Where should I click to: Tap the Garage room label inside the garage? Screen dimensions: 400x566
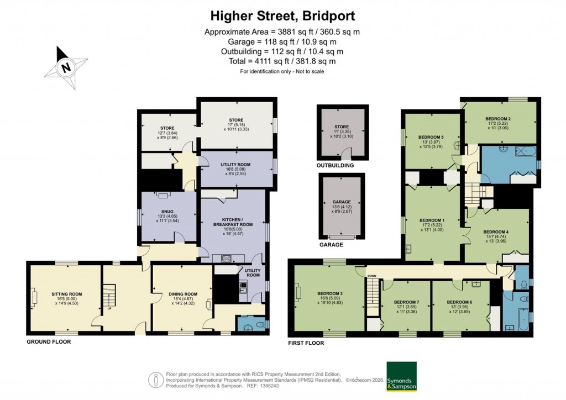tap(342, 202)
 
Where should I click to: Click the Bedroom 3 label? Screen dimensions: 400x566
tap(330, 293)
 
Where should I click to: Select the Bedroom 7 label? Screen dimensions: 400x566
tap(406, 302)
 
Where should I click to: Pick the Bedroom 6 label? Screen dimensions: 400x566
tap(460, 302)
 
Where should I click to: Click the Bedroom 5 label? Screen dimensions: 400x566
tap(431, 137)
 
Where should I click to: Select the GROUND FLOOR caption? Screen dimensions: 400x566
tap(49, 342)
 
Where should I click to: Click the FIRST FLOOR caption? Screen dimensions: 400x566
tap(306, 343)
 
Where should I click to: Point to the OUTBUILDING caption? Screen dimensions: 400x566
tap(335, 165)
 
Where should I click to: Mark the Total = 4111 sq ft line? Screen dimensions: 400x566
tap(282, 61)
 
